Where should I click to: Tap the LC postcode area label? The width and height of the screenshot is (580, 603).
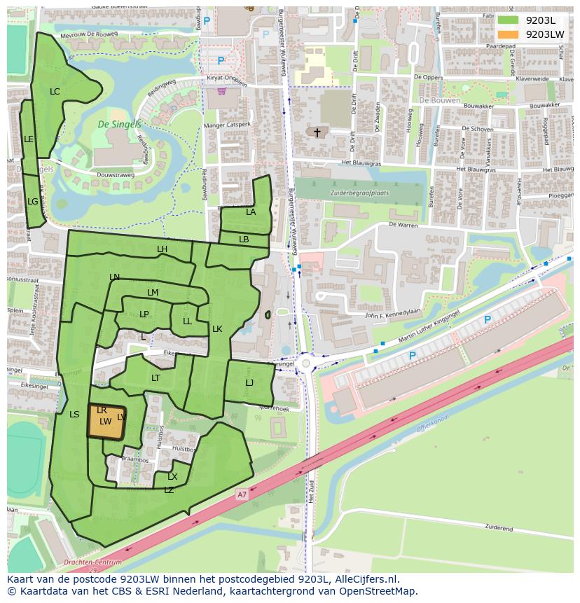pyautogui.click(x=55, y=92)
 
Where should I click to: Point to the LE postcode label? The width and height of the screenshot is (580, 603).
pyautogui.click(x=29, y=139)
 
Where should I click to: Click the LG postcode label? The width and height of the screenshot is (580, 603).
pyautogui.click(x=32, y=202)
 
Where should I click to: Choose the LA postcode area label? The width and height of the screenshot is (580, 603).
pyautogui.click(x=251, y=212)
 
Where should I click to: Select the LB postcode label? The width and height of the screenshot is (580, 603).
pyautogui.click(x=244, y=240)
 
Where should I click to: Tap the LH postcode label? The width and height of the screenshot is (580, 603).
pyautogui.click(x=162, y=249)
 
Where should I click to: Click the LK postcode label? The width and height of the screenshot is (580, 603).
pyautogui.click(x=217, y=329)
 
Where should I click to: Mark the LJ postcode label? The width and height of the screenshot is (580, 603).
pyautogui.click(x=249, y=383)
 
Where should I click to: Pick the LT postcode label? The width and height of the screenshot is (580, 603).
pyautogui.click(x=156, y=378)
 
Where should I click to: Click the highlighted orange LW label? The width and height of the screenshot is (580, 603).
pyautogui.click(x=105, y=422)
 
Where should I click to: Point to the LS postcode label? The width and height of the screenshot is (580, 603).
pyautogui.click(x=74, y=415)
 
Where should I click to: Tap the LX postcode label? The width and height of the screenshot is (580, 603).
pyautogui.click(x=172, y=477)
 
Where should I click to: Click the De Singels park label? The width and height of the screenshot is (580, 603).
pyautogui.click(x=119, y=125)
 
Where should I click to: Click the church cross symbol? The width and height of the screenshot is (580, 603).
pyautogui.click(x=317, y=132)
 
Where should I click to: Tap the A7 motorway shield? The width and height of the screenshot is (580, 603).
pyautogui.click(x=242, y=495)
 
